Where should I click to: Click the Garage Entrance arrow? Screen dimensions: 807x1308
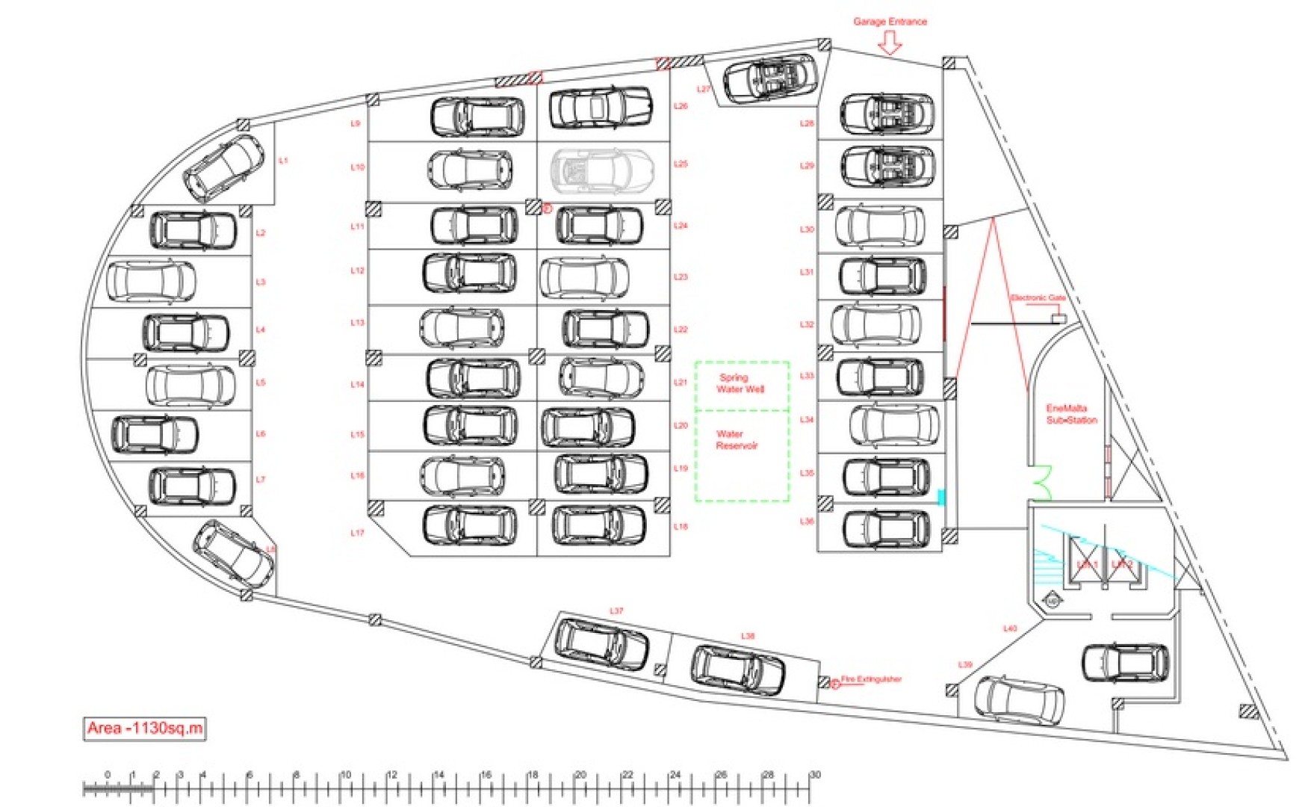click(x=889, y=45)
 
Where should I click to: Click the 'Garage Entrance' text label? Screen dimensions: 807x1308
click(x=890, y=22)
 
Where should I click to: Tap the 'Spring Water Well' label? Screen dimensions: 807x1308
click(x=740, y=383)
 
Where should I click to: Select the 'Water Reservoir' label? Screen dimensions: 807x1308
click(x=736, y=439)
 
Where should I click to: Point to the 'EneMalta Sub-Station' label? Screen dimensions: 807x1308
click(x=1071, y=414)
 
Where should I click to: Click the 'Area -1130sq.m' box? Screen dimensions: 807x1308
click(x=144, y=728)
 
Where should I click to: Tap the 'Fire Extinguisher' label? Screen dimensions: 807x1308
click(x=871, y=679)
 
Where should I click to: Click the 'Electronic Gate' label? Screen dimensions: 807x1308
click(x=1038, y=297)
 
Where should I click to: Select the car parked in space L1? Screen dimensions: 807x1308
click(x=224, y=167)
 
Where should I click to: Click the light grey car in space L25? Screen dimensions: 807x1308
click(x=602, y=170)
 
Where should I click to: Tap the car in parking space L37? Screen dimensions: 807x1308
click(x=602, y=643)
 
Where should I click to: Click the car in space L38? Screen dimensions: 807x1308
click(x=737, y=670)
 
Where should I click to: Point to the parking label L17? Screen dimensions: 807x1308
click(x=357, y=533)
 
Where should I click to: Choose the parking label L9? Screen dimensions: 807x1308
click(x=356, y=123)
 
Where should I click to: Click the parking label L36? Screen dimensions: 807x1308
click(x=806, y=521)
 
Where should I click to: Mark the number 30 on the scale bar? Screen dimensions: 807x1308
click(x=815, y=775)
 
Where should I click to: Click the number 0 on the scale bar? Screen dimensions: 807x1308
click(x=108, y=775)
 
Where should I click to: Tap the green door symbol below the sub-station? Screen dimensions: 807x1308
click(x=1042, y=482)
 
